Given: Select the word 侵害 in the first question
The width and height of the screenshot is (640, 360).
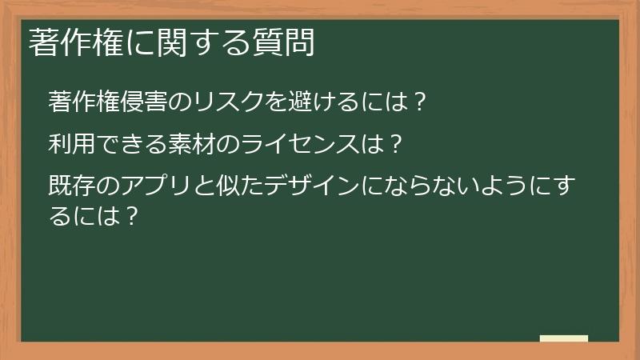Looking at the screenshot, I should click(146, 102).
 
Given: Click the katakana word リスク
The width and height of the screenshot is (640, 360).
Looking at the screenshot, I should click(228, 102).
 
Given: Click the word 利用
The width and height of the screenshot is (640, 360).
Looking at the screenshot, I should click(68, 146).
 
